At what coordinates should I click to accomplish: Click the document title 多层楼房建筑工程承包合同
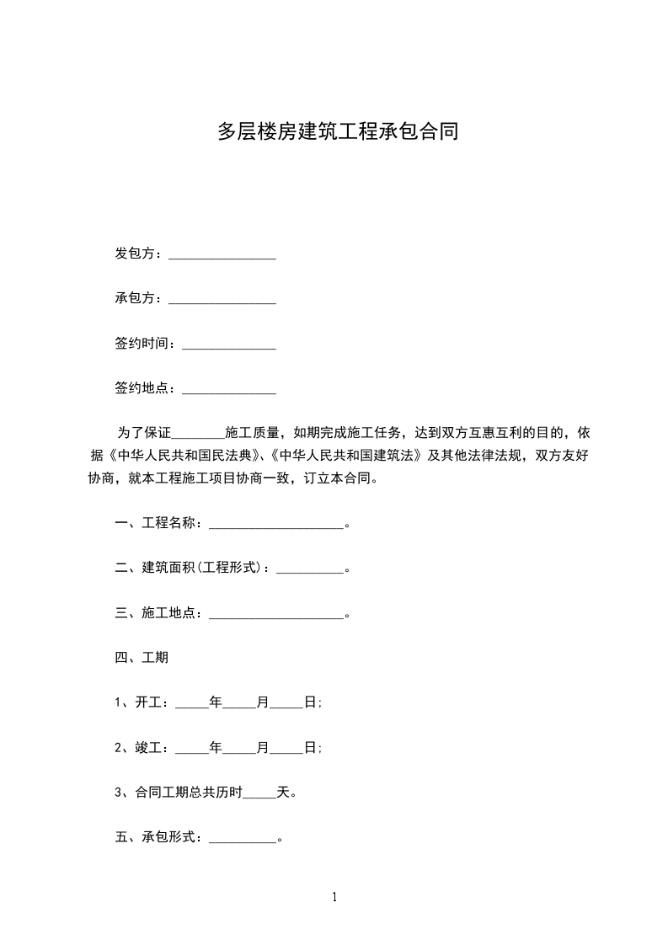[338, 132]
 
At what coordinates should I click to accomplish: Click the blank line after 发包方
[222, 254]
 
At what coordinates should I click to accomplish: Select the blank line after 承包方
[222, 299]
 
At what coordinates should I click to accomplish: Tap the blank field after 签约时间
[229, 344]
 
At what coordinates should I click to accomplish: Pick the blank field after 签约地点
[229, 389]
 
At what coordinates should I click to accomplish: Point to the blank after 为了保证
[198, 435]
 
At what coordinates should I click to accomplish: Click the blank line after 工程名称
[276, 524]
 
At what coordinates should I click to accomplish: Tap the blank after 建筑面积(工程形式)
[310, 569]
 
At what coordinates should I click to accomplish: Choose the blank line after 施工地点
[276, 613]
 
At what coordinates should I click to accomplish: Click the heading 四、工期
[142, 658]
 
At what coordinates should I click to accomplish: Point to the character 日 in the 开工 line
[310, 702]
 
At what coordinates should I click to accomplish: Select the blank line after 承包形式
[243, 838]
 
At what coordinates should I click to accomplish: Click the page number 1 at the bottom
[334, 898]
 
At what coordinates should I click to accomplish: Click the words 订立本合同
[339, 479]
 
